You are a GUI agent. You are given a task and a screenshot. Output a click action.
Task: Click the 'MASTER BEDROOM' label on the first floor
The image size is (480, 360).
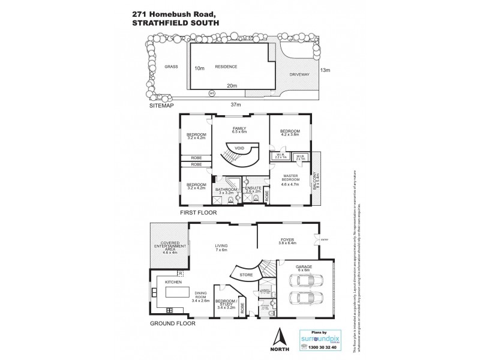291,178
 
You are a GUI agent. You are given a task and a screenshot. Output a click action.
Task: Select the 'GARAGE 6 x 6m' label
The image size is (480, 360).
302,269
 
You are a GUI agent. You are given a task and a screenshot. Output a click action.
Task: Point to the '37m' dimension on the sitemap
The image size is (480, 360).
235,104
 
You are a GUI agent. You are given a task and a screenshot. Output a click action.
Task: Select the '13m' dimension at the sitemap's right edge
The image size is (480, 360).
326,70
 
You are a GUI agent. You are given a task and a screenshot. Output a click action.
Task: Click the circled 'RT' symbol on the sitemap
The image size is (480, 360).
211,93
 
